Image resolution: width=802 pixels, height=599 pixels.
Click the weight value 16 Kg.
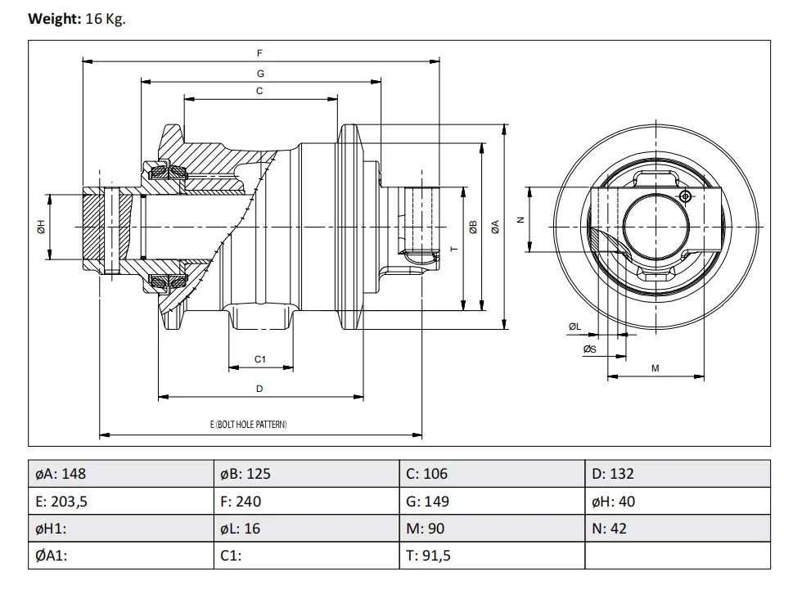point(105,19)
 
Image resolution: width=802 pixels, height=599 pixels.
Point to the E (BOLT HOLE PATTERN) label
point(249,425)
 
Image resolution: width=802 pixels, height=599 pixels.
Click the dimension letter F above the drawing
point(259,53)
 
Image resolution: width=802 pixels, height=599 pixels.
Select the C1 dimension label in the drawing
point(260,359)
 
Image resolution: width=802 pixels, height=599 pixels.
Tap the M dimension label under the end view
point(655,369)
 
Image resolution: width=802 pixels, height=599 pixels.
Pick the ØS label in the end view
point(589,349)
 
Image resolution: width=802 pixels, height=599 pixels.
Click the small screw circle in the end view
point(686,196)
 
